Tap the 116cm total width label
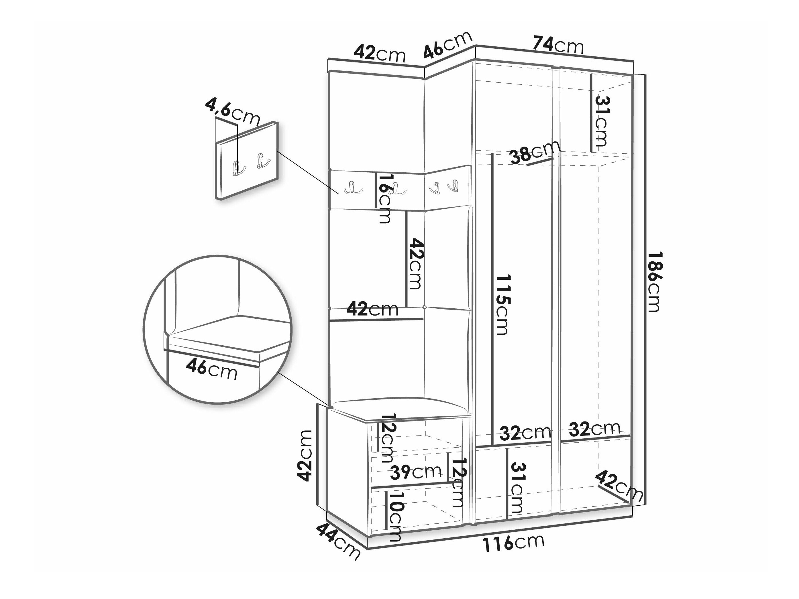[513, 551]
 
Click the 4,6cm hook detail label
[233, 112]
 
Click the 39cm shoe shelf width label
[416, 472]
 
